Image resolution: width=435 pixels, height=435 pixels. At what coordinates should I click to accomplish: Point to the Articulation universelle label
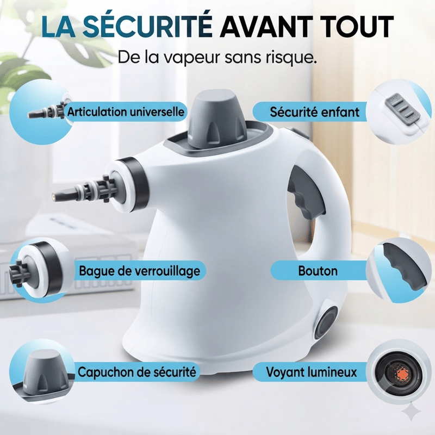(126, 112)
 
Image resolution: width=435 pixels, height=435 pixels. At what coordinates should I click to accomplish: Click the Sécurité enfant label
(315, 112)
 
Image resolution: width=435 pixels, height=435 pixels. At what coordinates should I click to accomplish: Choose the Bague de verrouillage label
(140, 271)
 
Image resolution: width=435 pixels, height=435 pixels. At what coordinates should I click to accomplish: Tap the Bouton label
(318, 271)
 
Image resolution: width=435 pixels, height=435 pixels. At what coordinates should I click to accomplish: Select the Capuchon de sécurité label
(137, 372)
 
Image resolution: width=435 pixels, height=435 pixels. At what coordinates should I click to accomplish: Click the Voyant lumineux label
(312, 372)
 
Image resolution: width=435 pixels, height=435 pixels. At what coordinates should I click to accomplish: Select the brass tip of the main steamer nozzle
(53, 196)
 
